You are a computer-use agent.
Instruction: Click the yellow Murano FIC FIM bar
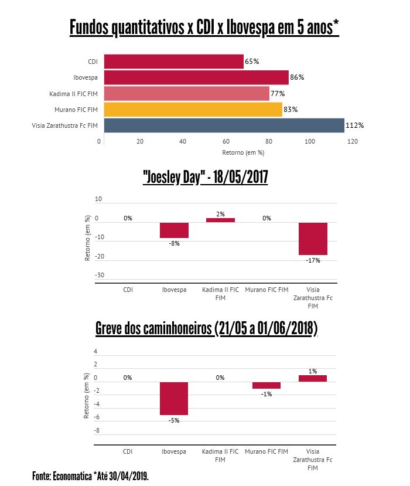tap(193, 110)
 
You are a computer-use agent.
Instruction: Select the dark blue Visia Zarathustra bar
tap(224, 125)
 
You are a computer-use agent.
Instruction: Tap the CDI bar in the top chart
tap(173, 62)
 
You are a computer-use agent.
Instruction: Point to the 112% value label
tap(355, 125)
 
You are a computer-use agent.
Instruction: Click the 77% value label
tap(278, 94)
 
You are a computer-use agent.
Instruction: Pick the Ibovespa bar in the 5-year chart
tap(196, 77)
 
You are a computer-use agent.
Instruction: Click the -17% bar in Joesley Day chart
tap(313, 239)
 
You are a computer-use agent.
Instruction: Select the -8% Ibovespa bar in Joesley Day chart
tap(175, 230)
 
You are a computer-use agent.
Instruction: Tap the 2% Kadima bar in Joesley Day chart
tap(220, 220)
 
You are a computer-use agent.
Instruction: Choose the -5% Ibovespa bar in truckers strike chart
tap(175, 399)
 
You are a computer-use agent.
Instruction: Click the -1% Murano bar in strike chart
tap(266, 385)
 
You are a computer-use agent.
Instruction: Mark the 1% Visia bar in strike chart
tap(313, 379)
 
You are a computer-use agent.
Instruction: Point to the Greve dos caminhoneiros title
tap(206, 329)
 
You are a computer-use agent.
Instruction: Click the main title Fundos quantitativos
tap(205, 27)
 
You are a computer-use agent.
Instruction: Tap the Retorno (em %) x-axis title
tap(243, 152)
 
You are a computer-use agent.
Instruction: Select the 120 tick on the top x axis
tap(353, 141)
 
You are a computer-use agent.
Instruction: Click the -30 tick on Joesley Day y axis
tap(100, 275)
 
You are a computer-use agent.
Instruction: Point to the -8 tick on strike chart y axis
tap(97, 430)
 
